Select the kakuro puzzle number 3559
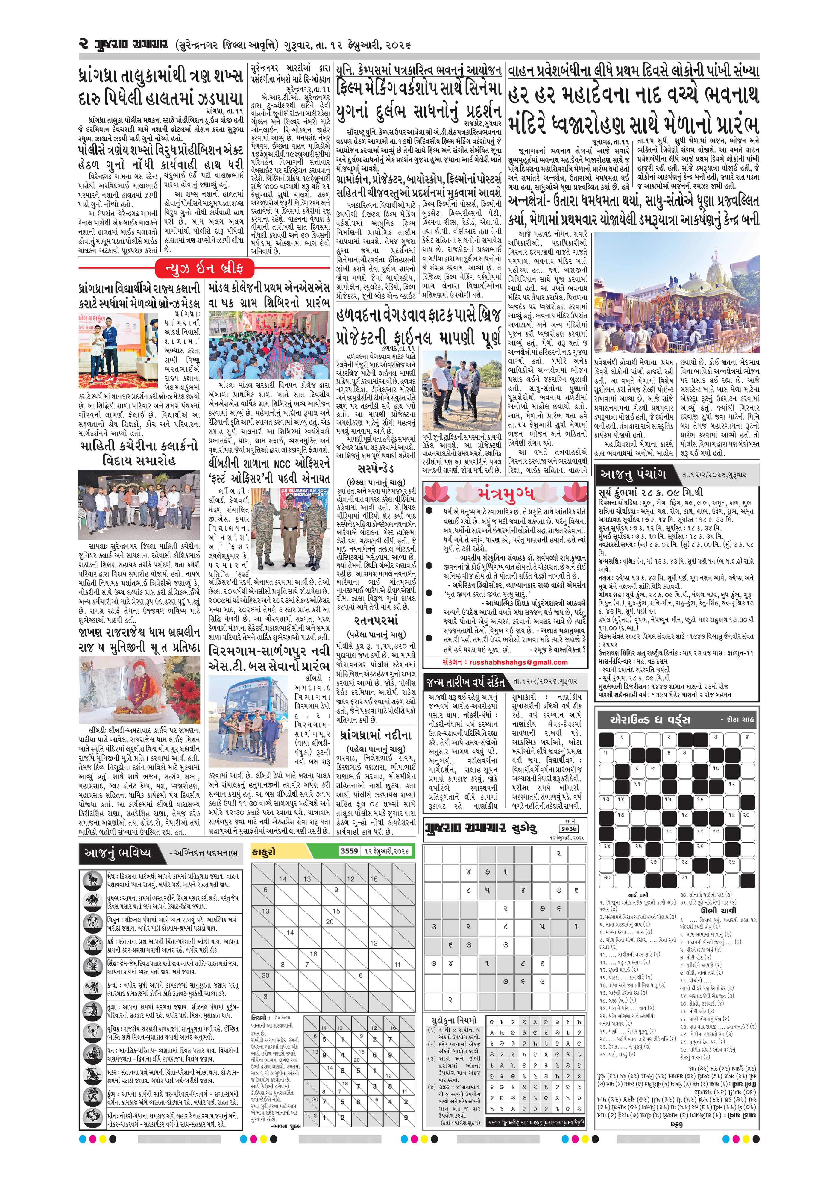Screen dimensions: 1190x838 (x=349, y=851)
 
